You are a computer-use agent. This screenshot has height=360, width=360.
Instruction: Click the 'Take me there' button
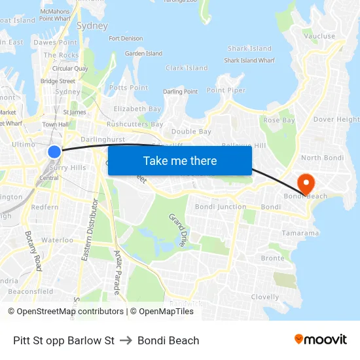click(180, 160)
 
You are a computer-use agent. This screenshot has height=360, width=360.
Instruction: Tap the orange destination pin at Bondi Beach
click(305, 182)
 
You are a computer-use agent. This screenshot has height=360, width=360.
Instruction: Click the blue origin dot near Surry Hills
click(54, 152)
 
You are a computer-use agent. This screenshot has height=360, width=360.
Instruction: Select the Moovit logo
click(321, 339)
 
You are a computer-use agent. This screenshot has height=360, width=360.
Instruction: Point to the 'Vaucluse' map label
click(319, 37)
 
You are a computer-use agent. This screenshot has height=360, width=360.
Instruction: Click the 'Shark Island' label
click(249, 48)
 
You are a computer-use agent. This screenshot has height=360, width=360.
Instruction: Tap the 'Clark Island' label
click(187, 68)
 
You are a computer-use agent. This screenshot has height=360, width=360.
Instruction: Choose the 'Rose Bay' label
click(279, 120)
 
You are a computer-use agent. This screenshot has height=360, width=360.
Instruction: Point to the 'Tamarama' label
click(300, 233)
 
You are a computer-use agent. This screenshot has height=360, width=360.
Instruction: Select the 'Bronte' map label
click(272, 259)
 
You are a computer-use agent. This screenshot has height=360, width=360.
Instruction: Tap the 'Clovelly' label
click(264, 297)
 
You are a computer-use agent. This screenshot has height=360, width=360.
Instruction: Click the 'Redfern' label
click(45, 207)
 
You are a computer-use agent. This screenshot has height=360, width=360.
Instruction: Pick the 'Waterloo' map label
click(58, 240)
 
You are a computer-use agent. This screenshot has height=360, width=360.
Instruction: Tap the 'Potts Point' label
click(128, 88)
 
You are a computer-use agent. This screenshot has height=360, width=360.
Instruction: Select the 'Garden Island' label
click(143, 54)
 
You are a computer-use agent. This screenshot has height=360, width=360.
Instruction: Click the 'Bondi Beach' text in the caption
click(168, 340)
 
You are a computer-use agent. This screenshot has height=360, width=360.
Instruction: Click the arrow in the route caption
click(126, 340)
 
